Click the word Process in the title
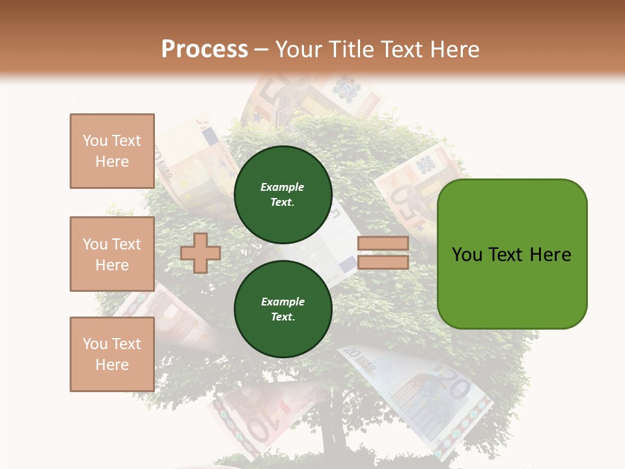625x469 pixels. tap(204, 49)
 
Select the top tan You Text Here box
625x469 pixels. tap(112, 151)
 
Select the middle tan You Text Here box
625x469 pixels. tap(112, 254)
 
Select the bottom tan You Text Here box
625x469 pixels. tap(112, 354)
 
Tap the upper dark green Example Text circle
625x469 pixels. tap(283, 194)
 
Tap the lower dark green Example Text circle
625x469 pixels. tap(283, 309)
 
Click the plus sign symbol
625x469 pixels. tap(200, 253)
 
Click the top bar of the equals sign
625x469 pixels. tap(383, 244)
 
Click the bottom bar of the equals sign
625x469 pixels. tap(383, 263)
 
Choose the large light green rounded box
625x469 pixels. tap(512, 254)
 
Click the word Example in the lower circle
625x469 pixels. tap(283, 302)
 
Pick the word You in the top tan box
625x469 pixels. tap(95, 141)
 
